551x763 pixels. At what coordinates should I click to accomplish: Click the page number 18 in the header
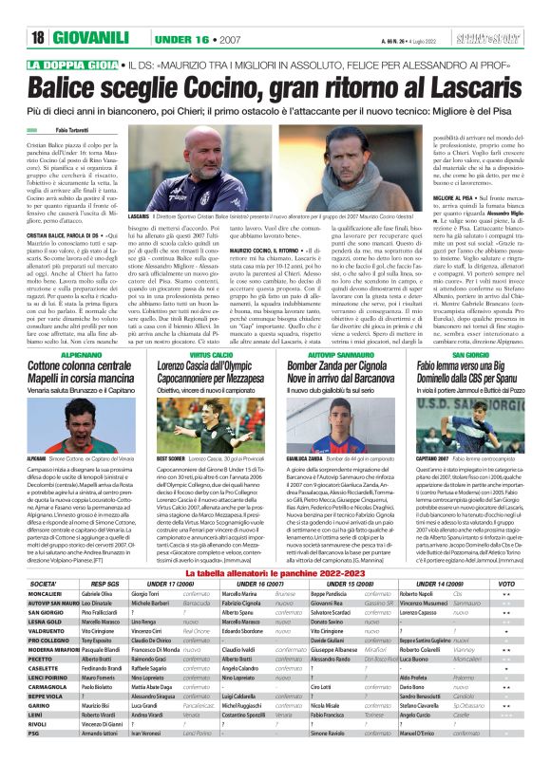click(38, 39)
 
